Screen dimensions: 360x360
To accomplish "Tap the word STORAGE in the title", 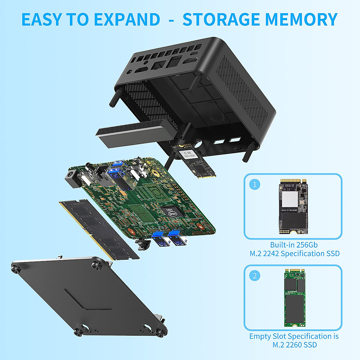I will click(x=221, y=19).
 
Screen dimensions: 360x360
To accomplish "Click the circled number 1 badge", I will click(x=255, y=184).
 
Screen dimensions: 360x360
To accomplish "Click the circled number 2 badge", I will click(x=255, y=275).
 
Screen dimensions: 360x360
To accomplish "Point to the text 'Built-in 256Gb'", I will click(x=294, y=245).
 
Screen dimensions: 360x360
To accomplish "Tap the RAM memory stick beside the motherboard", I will click(x=99, y=229).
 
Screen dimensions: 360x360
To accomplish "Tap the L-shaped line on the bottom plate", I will click(x=88, y=300).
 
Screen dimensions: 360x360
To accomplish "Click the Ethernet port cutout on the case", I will click(x=158, y=64).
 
